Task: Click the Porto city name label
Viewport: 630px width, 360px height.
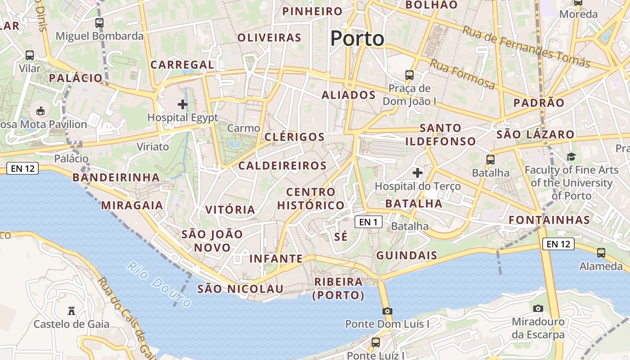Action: tap(357, 39)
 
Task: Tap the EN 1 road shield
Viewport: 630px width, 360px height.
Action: tap(369, 222)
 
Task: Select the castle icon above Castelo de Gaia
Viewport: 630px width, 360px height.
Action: tap(71, 310)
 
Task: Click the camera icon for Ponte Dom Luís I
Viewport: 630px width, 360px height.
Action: tap(387, 311)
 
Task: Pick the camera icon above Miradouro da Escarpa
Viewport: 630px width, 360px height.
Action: tap(538, 309)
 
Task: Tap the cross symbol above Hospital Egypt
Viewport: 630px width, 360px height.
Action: tap(183, 104)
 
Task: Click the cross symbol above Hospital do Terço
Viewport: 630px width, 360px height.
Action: tap(418, 172)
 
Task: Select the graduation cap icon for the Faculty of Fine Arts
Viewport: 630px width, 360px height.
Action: tap(571, 157)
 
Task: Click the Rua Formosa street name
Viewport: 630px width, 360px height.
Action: tap(462, 74)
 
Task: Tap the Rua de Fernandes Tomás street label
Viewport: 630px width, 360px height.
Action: tap(526, 47)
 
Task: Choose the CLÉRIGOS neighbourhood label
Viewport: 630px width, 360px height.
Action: tap(295, 137)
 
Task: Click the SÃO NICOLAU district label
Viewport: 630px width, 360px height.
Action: tap(240, 289)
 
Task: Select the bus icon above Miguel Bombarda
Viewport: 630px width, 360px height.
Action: tap(99, 22)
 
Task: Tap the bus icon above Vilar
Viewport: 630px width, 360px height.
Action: tap(30, 55)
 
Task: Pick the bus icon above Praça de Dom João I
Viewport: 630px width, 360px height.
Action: tap(409, 75)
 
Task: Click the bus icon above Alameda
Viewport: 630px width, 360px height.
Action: tap(601, 253)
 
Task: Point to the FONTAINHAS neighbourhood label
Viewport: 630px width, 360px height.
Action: tap(549, 220)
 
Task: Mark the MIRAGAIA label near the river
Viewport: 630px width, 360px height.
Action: tap(132, 206)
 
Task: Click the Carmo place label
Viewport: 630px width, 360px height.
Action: tap(243, 128)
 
